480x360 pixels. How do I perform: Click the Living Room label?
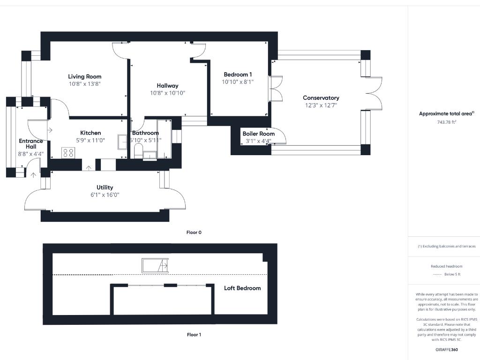tap(84, 76)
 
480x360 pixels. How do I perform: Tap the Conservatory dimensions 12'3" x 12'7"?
tap(321, 105)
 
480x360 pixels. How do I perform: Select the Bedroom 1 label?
tap(238, 74)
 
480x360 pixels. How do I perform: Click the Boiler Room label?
tap(258, 134)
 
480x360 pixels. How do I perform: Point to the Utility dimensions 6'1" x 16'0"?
tap(105, 195)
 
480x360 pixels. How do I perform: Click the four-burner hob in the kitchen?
tap(68, 152)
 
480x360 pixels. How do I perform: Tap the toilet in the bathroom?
tap(138, 150)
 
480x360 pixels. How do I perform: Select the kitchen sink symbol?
tap(122, 142)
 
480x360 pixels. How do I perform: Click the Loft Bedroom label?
tap(242, 288)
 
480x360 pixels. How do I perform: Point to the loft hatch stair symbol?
tap(155, 265)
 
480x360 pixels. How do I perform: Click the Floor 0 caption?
tap(194, 232)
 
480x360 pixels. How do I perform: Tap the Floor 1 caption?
tap(194, 335)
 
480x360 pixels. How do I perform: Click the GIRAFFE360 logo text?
tap(446, 350)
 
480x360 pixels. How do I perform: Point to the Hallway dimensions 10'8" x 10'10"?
tap(167, 93)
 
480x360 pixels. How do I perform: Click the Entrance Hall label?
tap(31, 143)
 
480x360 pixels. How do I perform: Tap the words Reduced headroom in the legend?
tap(446, 266)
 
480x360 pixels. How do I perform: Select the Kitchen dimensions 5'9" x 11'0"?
tap(90, 140)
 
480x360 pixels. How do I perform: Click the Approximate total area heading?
tap(446, 113)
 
